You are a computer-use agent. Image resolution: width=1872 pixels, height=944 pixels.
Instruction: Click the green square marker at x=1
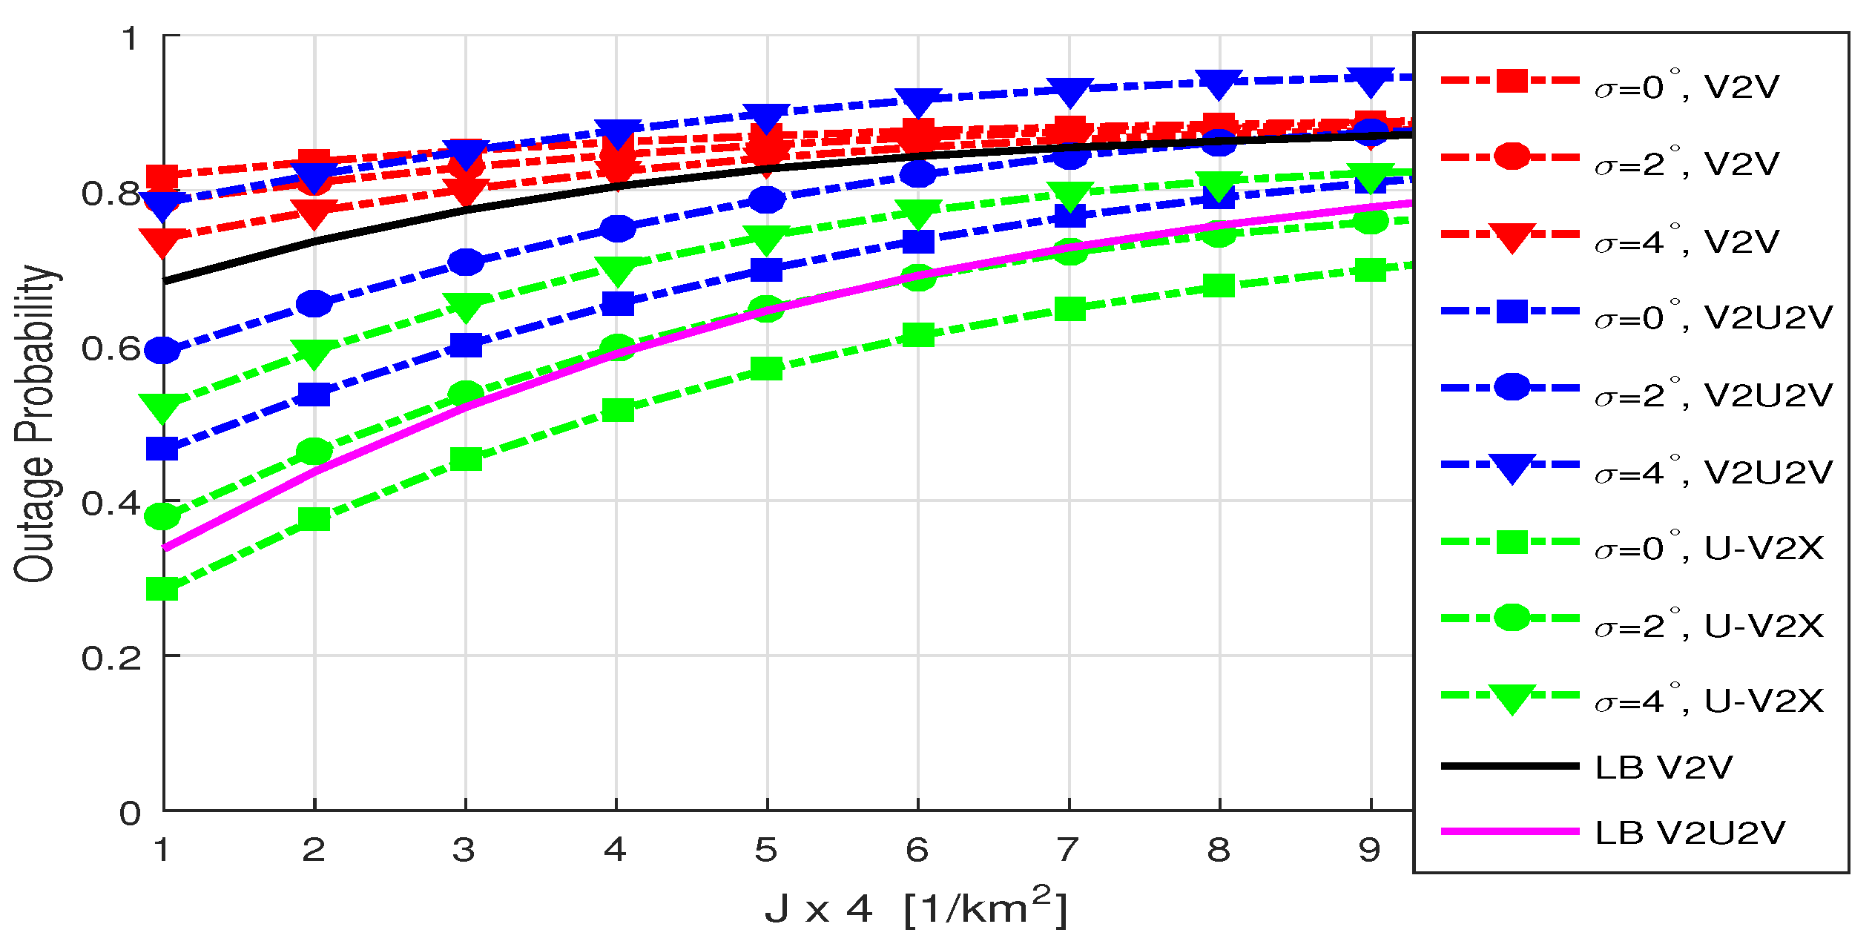click(162, 589)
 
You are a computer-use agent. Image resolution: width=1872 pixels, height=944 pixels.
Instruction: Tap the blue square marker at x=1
click(162, 449)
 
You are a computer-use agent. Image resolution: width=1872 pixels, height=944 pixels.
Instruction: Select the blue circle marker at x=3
click(466, 262)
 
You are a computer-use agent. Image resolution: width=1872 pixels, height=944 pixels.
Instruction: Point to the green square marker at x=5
click(767, 369)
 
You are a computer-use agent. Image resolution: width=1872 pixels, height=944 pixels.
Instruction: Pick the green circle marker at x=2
click(314, 451)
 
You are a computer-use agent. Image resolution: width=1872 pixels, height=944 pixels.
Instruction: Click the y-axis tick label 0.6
click(111, 348)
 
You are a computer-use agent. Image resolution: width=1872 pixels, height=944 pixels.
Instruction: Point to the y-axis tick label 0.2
click(111, 657)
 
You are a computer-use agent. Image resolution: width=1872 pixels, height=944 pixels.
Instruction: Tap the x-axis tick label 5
click(766, 850)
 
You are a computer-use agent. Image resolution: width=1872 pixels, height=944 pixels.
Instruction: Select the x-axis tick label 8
click(1219, 850)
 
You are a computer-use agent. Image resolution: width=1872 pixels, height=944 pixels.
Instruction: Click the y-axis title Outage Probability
click(35, 423)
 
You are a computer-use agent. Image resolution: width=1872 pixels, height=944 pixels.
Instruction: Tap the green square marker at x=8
click(1219, 285)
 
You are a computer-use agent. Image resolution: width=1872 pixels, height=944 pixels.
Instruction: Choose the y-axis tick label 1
click(131, 39)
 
